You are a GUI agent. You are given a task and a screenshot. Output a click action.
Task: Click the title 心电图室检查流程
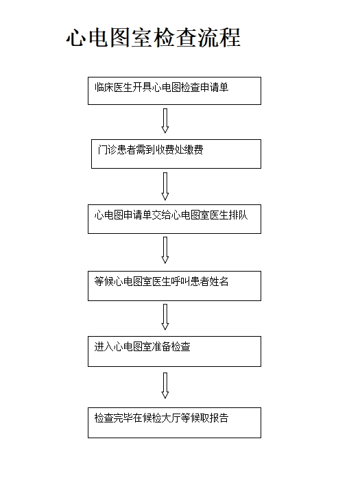[154, 38]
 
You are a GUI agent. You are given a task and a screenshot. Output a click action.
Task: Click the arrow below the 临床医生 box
[165, 121]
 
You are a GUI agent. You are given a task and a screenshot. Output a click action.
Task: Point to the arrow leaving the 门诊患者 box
[165, 187]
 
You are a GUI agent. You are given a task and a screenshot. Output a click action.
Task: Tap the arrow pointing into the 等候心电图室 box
[165, 250]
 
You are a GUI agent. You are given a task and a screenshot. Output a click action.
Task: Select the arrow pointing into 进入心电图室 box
[165, 317]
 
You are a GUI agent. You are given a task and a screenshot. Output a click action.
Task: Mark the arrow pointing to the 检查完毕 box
[165, 385]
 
